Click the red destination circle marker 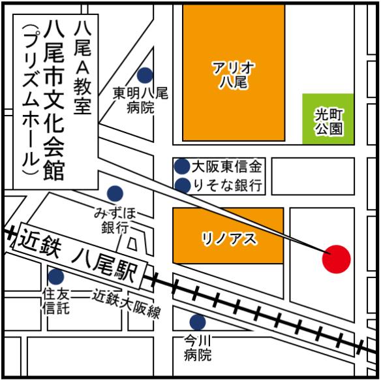pyautogui.click(x=337, y=259)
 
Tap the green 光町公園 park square pyautogui.click(x=328, y=119)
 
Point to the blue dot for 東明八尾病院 pyautogui.click(x=145, y=75)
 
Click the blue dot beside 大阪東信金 pyautogui.click(x=182, y=166)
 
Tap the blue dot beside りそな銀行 pyautogui.click(x=182, y=185)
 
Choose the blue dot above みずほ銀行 pyautogui.click(x=115, y=193)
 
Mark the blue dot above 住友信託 pyautogui.click(x=55, y=277)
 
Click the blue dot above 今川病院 pyautogui.click(x=197, y=322)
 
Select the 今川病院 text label pyautogui.click(x=198, y=348)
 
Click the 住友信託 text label pyautogui.click(x=55, y=302)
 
